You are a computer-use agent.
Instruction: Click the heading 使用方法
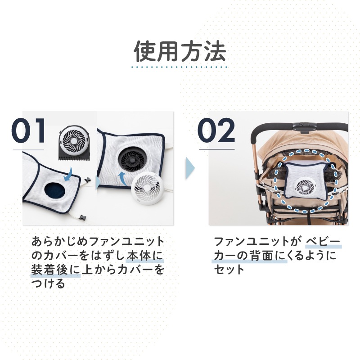180,51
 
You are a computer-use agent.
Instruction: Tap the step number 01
28,131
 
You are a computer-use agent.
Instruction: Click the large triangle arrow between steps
190,168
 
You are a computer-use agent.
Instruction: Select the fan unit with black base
74,143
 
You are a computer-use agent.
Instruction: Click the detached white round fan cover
148,187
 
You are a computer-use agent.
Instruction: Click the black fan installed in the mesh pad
131,160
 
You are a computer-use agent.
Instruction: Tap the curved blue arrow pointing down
68,174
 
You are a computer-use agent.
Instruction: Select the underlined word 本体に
145,256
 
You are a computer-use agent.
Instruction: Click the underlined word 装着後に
55,270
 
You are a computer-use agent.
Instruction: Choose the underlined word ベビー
323,242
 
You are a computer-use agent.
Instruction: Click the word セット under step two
229,270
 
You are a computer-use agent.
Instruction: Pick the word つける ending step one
49,284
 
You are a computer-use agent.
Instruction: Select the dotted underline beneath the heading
179,67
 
